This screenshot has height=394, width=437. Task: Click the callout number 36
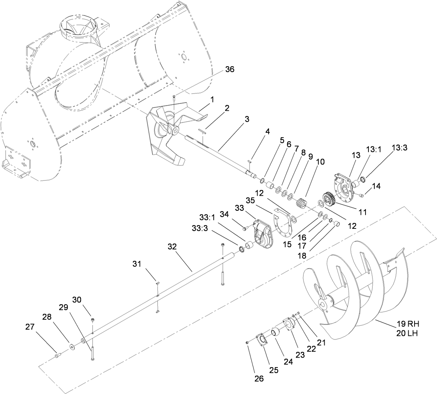point(230,69)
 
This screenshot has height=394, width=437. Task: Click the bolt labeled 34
point(245,229)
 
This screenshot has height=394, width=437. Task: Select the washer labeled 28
point(71,347)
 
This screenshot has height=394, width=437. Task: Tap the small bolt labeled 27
point(57,355)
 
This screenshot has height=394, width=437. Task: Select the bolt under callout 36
point(174,97)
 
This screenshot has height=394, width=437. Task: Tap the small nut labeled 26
point(248,343)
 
